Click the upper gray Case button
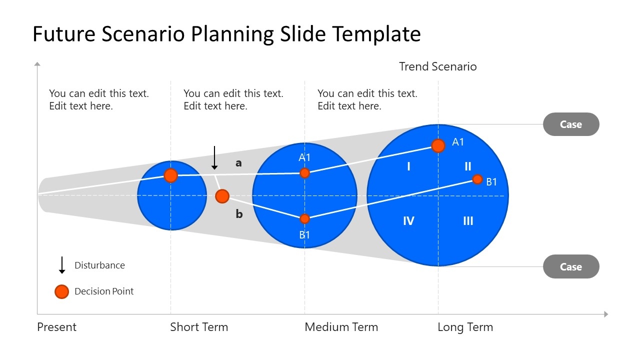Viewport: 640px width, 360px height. click(571, 124)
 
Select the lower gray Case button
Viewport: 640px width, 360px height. click(571, 266)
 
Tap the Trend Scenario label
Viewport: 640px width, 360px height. click(437, 66)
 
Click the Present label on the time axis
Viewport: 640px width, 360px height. click(56, 327)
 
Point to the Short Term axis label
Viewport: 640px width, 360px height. click(199, 327)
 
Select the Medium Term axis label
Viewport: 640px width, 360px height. click(341, 327)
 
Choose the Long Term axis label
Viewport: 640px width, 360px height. click(465, 327)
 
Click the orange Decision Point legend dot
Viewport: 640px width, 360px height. click(61, 291)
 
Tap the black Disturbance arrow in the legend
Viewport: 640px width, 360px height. click(61, 265)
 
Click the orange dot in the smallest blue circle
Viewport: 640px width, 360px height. click(171, 175)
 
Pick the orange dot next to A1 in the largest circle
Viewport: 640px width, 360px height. click(438, 146)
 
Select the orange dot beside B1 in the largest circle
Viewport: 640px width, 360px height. click(477, 179)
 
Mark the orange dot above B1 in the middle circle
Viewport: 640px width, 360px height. click(304, 219)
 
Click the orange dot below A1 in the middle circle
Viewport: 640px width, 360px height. click(304, 173)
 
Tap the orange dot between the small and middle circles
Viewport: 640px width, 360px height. click(222, 196)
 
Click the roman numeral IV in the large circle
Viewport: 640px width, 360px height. click(408, 220)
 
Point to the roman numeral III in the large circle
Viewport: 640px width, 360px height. click(468, 220)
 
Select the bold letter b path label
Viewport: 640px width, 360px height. click(239, 213)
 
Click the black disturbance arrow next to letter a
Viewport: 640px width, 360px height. click(214, 157)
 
